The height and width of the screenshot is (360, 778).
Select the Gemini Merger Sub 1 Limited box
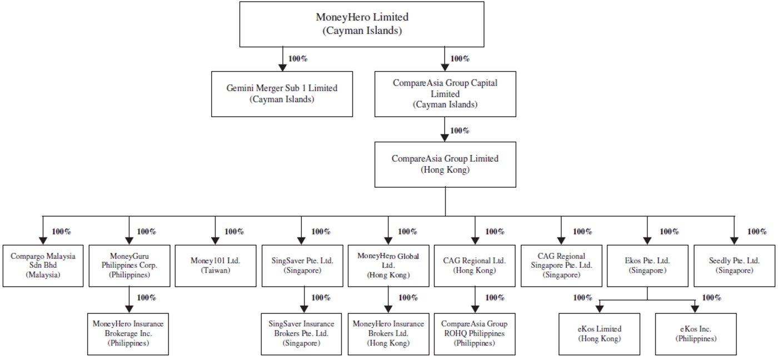(x=282, y=93)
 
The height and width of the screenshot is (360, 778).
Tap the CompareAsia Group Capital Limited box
(x=445, y=93)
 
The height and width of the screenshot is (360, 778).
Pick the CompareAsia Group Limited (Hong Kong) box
(x=445, y=164)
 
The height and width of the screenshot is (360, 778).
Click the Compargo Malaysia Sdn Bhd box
(x=43, y=265)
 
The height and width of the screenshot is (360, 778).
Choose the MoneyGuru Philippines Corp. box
(x=129, y=265)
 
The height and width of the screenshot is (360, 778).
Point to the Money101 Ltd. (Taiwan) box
(x=215, y=265)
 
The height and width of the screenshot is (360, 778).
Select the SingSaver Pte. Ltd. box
(x=302, y=265)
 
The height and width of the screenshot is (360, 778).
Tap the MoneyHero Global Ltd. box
(x=388, y=265)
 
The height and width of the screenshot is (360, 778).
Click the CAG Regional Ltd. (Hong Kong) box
(x=474, y=265)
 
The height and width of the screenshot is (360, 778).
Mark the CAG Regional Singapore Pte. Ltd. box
(x=561, y=265)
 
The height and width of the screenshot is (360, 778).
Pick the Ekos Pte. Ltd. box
(x=647, y=265)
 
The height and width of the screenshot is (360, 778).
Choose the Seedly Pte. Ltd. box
(x=734, y=265)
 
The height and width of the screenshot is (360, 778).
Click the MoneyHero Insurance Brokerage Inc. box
(x=128, y=334)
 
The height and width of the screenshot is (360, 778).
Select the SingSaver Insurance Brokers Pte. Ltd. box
(x=302, y=334)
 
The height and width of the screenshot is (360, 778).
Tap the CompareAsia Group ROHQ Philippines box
(x=474, y=334)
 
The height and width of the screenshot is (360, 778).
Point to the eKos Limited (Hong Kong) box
(x=599, y=333)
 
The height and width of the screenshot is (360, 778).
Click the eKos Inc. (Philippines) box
(x=696, y=333)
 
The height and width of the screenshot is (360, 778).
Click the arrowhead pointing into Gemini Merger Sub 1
(x=282, y=67)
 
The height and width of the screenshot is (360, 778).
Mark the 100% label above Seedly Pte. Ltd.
(x=756, y=232)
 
